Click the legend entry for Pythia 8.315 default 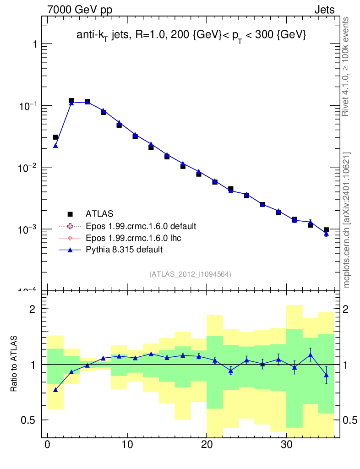click(124, 250)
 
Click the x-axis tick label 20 click(207, 445)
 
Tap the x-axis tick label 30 click(286, 445)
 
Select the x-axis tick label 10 click(127, 445)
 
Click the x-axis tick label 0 click(48, 445)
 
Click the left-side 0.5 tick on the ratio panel click(30, 420)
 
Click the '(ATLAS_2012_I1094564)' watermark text click(190, 274)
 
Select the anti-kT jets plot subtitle click(191, 35)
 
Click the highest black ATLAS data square click(71, 101)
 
